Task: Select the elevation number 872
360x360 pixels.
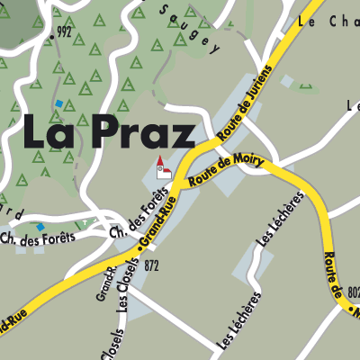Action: [150, 266]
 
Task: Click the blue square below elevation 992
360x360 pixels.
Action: [59, 104]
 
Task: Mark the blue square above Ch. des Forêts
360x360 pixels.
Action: [40, 227]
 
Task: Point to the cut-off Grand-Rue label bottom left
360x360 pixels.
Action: [11, 322]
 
